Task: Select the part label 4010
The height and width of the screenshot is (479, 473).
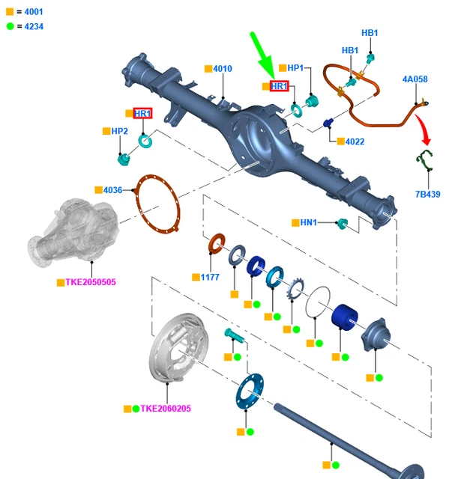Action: click(223, 69)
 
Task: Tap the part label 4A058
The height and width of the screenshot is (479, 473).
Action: click(415, 79)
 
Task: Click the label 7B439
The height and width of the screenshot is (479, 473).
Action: click(428, 195)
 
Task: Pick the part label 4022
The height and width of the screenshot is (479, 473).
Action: click(355, 141)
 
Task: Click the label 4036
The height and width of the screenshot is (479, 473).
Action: click(112, 190)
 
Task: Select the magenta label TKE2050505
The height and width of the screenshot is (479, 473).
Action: click(91, 282)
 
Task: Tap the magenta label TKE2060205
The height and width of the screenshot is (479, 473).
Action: click(166, 409)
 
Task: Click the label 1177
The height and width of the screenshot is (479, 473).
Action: click(210, 277)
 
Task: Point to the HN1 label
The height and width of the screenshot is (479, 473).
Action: click(309, 222)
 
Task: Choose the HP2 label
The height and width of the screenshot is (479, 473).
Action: click(120, 131)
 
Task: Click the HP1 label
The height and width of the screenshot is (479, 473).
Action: click(295, 68)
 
